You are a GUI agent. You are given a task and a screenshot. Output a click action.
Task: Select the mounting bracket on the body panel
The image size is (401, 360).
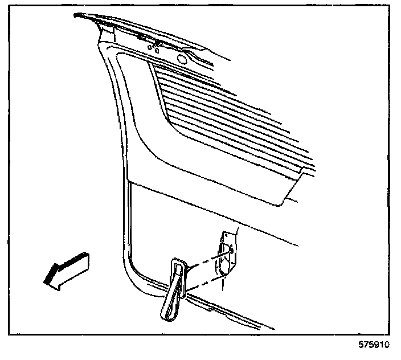coord(227,253)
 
